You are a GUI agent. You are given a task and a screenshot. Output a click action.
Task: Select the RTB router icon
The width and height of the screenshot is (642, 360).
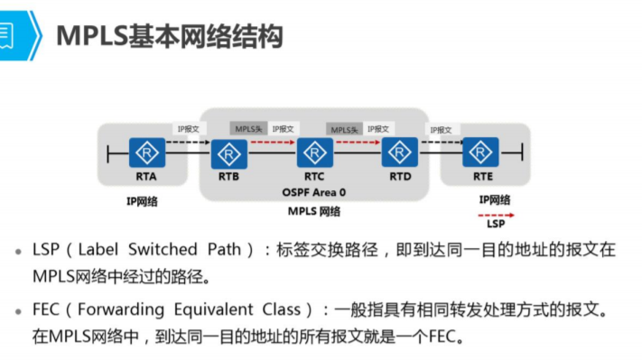pyautogui.click(x=228, y=151)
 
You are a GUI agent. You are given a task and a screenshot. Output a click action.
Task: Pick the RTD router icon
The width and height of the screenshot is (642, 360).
pyautogui.click(x=399, y=151)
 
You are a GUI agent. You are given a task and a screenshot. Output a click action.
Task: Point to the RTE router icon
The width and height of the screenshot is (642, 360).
pyautogui.click(x=480, y=151)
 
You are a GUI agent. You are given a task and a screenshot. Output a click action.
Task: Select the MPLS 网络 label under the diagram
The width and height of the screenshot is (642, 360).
pyautogui.click(x=313, y=211)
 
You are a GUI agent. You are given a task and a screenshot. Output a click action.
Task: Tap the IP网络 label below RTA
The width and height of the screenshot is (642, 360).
pyautogui.click(x=143, y=201)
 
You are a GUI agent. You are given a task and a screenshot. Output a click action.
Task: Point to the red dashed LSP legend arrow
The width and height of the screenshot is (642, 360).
pyautogui.click(x=496, y=216)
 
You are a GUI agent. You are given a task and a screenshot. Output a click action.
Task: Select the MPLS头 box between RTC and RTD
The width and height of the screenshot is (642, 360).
pyautogui.click(x=346, y=130)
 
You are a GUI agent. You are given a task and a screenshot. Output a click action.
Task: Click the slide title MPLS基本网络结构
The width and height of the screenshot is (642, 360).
pyautogui.click(x=170, y=36)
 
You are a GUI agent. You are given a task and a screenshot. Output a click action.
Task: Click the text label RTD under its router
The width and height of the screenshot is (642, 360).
pyautogui.click(x=399, y=176)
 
